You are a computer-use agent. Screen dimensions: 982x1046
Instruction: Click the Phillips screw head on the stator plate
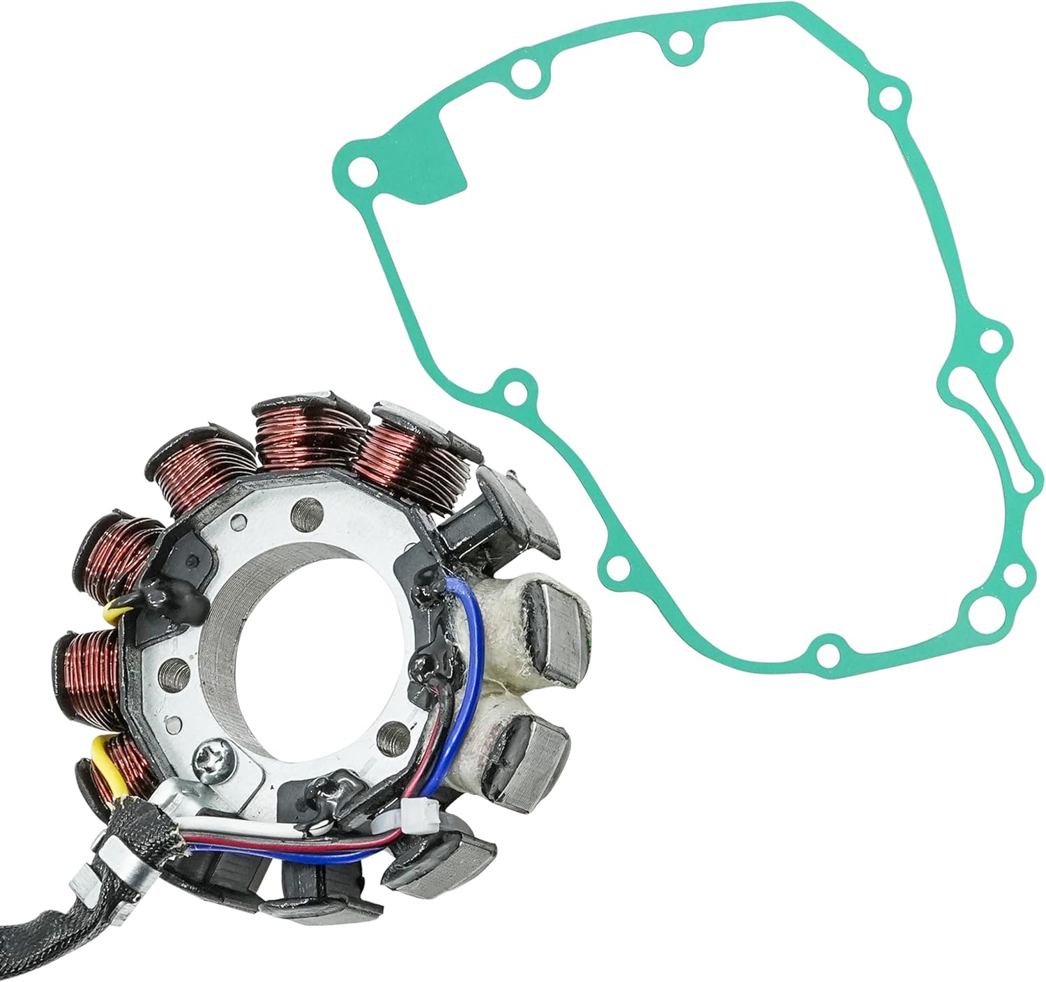click(x=210, y=755)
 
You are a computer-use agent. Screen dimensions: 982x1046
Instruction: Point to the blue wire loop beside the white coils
click(x=476, y=670)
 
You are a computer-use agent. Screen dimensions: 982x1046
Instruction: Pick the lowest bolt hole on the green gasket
click(x=827, y=654)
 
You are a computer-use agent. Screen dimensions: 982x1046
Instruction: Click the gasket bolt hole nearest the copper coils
click(x=514, y=391)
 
